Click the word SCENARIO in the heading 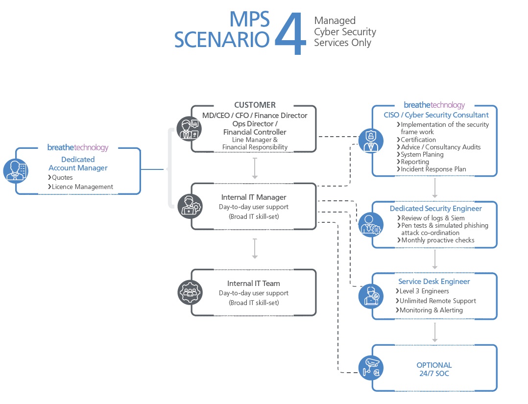coord(221,39)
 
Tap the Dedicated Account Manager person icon coord(16,170)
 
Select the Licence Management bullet coord(82,187)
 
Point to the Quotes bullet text coord(62,177)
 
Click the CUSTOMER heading coord(255,105)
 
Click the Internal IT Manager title coord(254,197)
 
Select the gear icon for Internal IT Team coord(189,292)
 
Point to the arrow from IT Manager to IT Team coord(255,248)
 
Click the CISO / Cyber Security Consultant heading coord(436,115)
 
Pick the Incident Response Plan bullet coord(433,169)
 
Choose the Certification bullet coord(418,140)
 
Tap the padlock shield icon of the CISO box coord(371,141)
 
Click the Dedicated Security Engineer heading coord(436,209)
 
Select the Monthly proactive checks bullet coord(437,240)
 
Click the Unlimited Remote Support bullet coord(438,301)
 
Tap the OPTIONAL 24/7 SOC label coord(434,369)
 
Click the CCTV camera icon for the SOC coord(371,367)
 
